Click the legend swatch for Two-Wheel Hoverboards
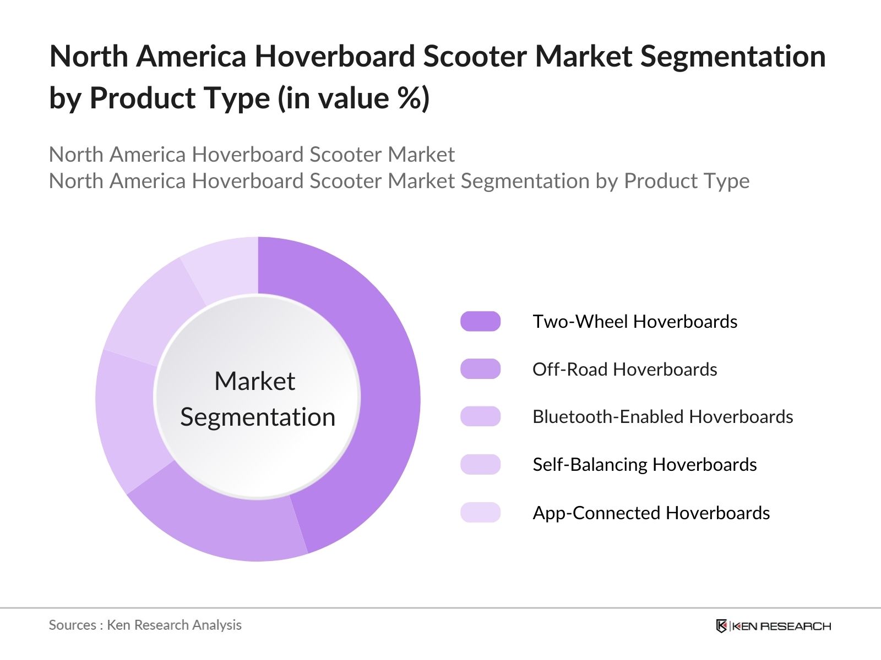pyautogui.click(x=480, y=321)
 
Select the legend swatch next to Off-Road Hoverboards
pyautogui.click(x=480, y=369)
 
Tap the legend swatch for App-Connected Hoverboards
pyautogui.click(x=480, y=512)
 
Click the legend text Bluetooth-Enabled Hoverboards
pyautogui.click(x=662, y=417)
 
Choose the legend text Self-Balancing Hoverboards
pyautogui.click(x=644, y=465)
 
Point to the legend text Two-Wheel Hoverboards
pyautogui.click(x=634, y=322)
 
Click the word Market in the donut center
pyautogui.click(x=254, y=381)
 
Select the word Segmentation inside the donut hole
pyautogui.click(x=258, y=417)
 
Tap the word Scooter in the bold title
pyautogui.click(x=475, y=57)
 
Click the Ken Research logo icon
pyautogui.click(x=721, y=626)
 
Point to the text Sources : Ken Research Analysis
pyautogui.click(x=145, y=625)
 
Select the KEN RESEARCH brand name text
pyautogui.click(x=782, y=626)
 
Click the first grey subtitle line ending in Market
pyautogui.click(x=252, y=155)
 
